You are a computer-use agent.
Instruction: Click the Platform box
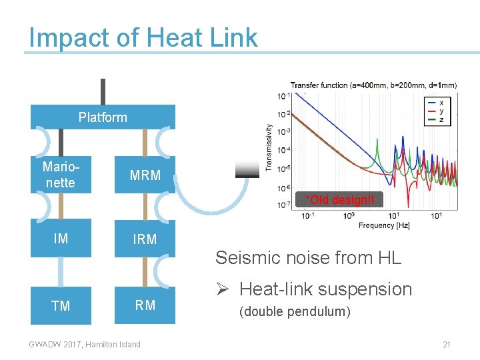(x=103, y=117)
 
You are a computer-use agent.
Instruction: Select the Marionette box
(x=59, y=175)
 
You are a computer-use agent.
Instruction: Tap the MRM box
(x=145, y=175)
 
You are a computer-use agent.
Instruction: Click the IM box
(x=61, y=239)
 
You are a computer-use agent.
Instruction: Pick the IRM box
(x=145, y=239)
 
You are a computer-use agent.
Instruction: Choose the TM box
(x=61, y=305)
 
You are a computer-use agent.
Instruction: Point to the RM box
(x=145, y=305)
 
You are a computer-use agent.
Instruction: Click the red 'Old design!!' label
(x=339, y=199)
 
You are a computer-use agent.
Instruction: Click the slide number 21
(x=447, y=345)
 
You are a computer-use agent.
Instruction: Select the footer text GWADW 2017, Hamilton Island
(x=85, y=345)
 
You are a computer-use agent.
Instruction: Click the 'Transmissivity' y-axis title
(x=269, y=147)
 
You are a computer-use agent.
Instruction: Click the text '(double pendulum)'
(x=295, y=311)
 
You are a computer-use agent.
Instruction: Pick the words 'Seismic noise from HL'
(x=308, y=257)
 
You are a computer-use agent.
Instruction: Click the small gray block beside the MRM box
(x=247, y=171)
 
